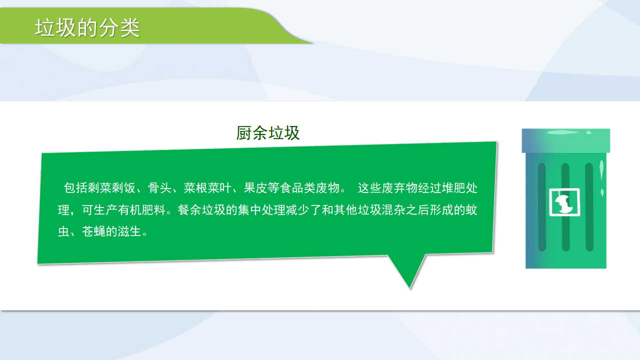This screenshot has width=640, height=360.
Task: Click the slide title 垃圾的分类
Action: (x=87, y=28)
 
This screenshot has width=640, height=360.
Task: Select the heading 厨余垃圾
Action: (x=267, y=133)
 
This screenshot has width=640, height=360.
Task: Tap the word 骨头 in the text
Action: (x=159, y=188)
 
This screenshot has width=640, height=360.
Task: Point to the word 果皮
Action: (x=255, y=188)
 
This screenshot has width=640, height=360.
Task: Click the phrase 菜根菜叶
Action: (x=207, y=188)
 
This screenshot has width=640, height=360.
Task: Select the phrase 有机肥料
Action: (x=141, y=210)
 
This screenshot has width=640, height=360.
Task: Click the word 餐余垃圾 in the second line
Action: (x=201, y=210)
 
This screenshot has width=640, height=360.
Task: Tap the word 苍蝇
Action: (x=93, y=231)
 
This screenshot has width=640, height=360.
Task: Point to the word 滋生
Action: (x=129, y=231)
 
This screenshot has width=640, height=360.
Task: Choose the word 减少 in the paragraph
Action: (x=297, y=210)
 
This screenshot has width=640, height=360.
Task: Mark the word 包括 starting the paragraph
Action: (x=75, y=188)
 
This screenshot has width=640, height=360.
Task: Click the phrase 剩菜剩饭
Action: (x=111, y=188)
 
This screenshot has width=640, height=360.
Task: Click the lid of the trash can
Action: (x=565, y=140)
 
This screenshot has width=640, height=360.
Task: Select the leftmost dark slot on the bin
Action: (x=541, y=207)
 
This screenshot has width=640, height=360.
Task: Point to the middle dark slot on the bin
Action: (x=565, y=207)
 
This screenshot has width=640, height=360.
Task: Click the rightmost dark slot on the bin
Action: (x=589, y=207)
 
